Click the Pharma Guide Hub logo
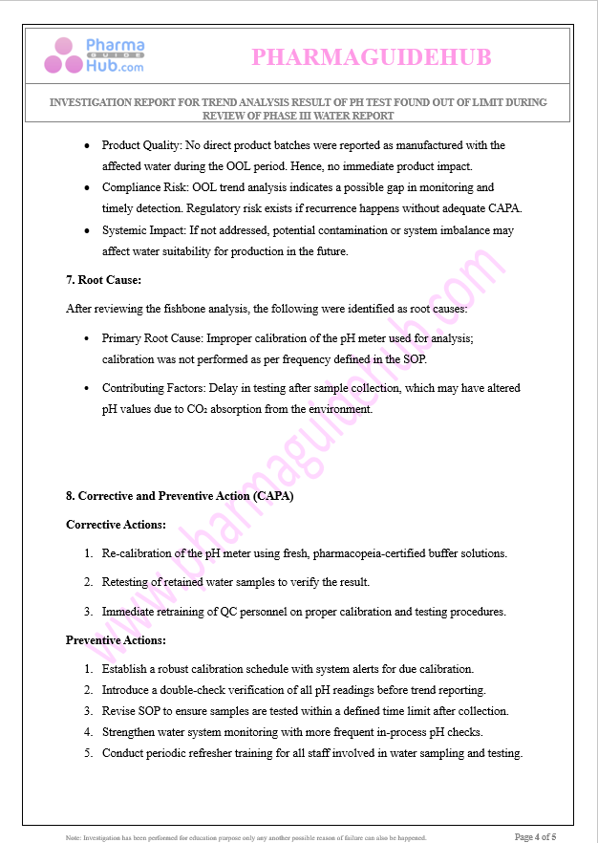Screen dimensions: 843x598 (95, 56)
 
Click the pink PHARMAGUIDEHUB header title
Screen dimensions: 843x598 (371, 57)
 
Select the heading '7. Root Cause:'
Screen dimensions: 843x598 (103, 280)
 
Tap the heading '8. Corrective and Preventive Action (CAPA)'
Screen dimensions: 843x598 (180, 496)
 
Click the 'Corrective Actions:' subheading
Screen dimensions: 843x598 (116, 525)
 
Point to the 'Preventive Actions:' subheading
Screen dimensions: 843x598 (116, 640)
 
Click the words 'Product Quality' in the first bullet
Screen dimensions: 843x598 (141, 145)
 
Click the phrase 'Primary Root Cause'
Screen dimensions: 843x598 (153, 338)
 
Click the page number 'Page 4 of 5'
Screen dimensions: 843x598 (535, 837)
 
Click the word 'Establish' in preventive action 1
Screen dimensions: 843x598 (127, 669)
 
